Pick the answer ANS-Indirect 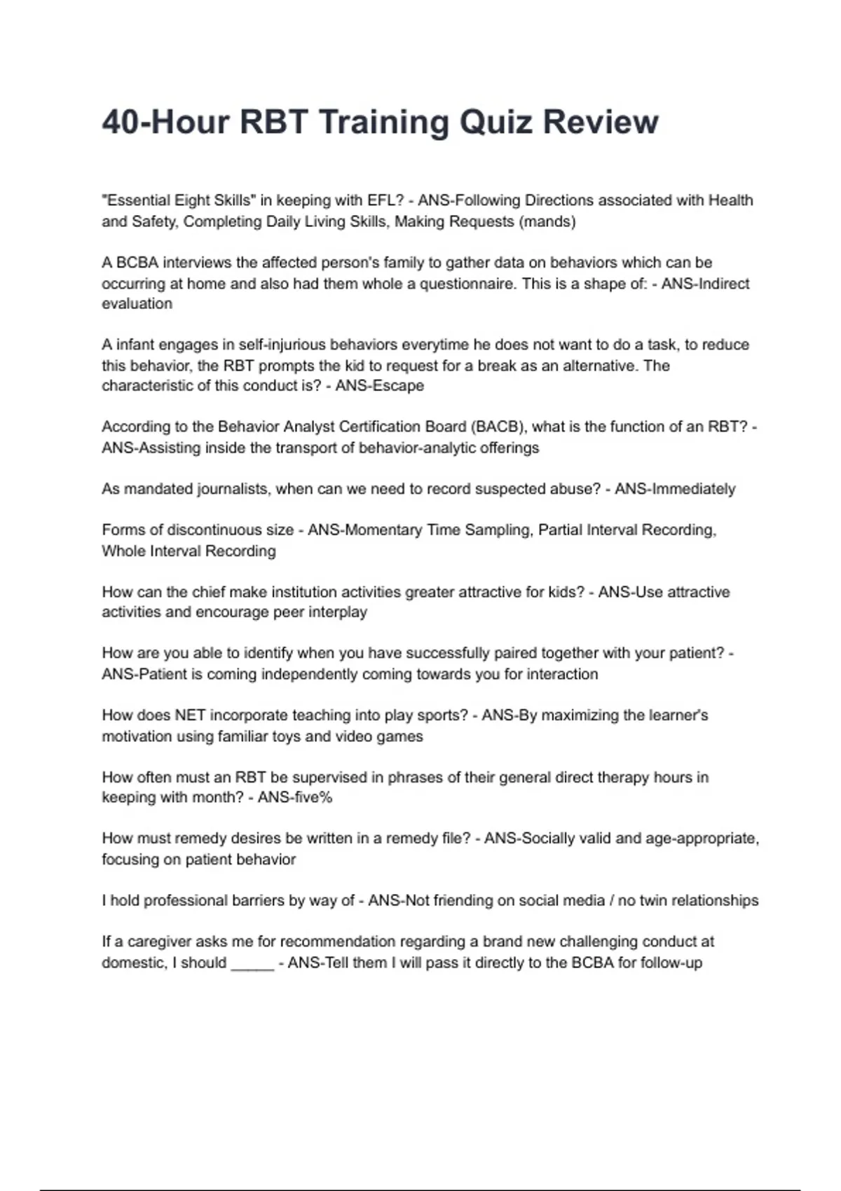pyautogui.click(x=705, y=284)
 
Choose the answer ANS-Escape pyautogui.click(x=379, y=386)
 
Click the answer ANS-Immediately pyautogui.click(x=675, y=489)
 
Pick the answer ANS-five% pyautogui.click(x=294, y=797)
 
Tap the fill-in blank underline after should pyautogui.click(x=252, y=963)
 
